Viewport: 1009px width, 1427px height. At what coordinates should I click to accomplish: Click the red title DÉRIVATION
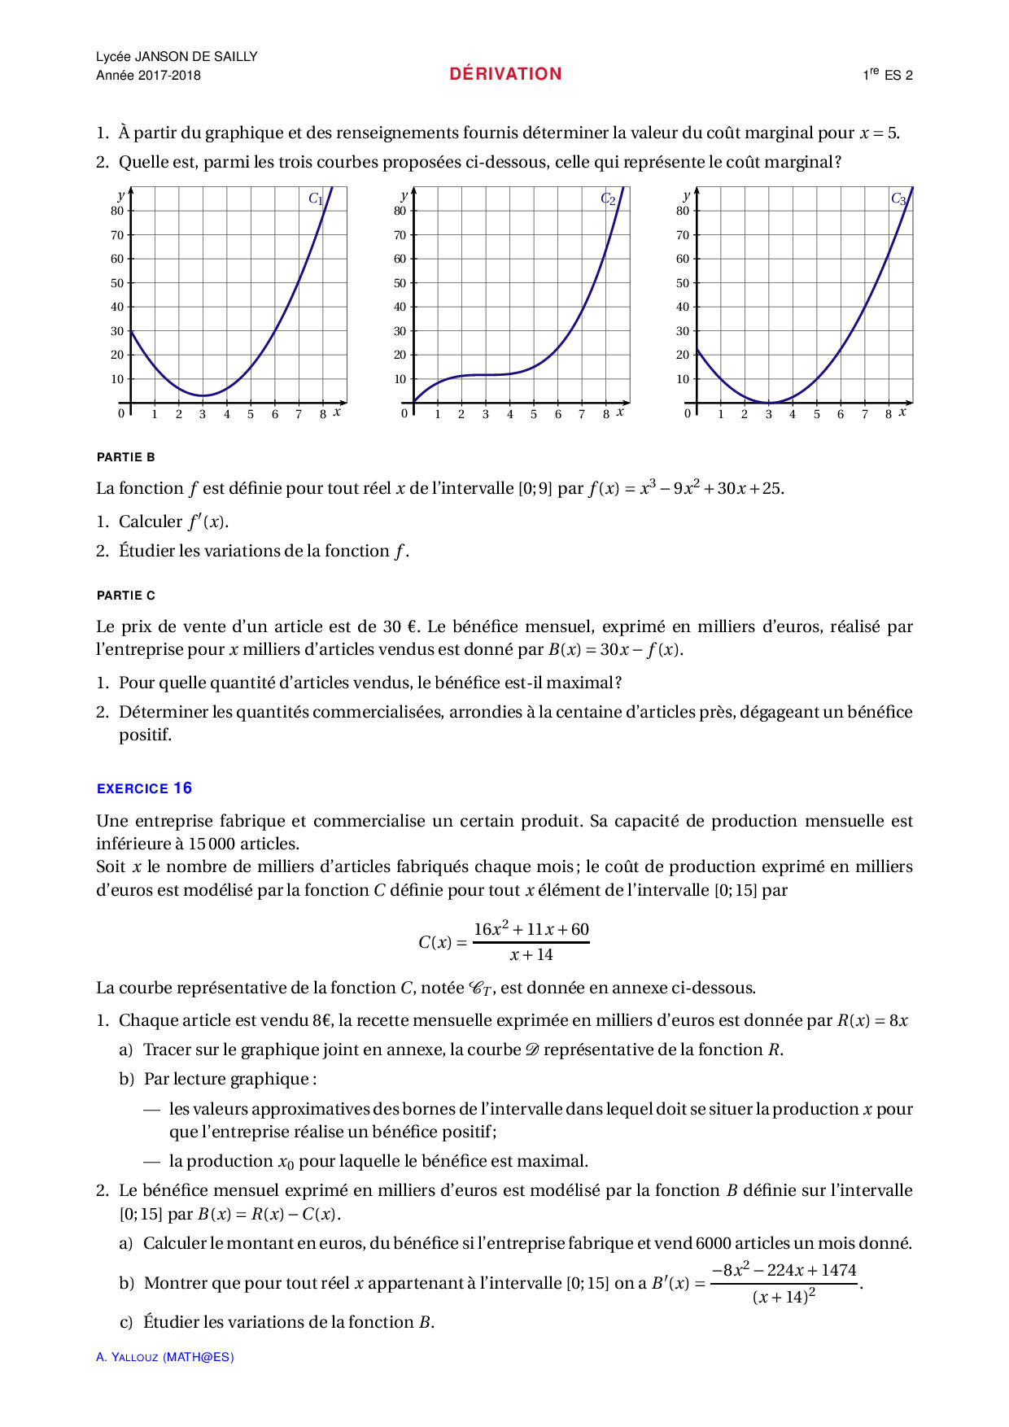click(x=505, y=74)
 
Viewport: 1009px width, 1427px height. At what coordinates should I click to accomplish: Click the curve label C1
click(x=316, y=199)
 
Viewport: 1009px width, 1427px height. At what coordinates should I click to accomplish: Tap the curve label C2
click(x=608, y=199)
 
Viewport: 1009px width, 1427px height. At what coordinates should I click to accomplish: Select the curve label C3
click(x=898, y=199)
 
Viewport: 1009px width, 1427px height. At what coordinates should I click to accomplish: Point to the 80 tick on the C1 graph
click(x=117, y=211)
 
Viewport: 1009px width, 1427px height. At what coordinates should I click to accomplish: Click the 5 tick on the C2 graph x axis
click(x=534, y=414)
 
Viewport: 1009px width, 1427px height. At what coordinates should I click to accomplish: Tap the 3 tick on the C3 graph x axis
click(x=768, y=414)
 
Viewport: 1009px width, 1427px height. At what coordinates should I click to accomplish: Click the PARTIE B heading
click(x=126, y=457)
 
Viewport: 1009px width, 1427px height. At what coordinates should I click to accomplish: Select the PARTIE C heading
click(x=126, y=596)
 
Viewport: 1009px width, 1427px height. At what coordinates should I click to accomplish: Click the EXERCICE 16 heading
click(x=144, y=788)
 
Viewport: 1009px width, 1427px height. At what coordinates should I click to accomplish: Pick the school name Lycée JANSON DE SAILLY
click(x=177, y=56)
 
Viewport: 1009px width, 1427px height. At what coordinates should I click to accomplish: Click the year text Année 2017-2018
click(x=148, y=76)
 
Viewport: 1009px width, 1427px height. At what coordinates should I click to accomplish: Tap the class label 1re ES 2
click(x=888, y=75)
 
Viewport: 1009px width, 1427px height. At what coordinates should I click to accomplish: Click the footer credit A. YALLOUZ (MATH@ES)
click(x=164, y=1357)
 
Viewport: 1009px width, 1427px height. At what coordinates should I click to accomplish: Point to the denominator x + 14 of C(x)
click(x=531, y=955)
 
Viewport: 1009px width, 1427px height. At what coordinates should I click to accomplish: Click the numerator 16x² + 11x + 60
click(x=531, y=929)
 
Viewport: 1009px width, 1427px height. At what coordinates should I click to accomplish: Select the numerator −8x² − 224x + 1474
click(x=784, y=1270)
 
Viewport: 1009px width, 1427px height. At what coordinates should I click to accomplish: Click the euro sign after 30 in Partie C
click(x=412, y=626)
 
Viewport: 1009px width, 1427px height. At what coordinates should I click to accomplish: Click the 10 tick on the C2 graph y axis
click(x=400, y=379)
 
